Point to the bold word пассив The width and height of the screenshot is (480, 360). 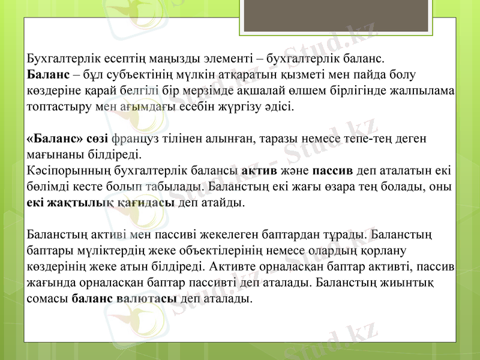333,170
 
